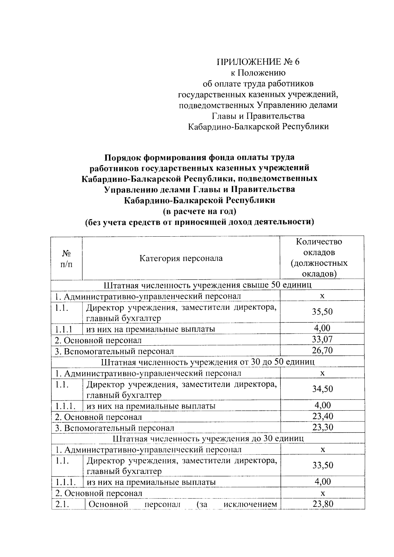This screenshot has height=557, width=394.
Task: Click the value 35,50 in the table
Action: [322, 311]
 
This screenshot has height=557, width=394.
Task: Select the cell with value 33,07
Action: [322, 339]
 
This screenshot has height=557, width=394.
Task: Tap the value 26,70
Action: [322, 350]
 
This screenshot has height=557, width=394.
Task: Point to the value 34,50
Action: [322, 389]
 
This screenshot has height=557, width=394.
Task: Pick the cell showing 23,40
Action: [322, 416]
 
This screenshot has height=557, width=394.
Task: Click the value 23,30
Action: [322, 427]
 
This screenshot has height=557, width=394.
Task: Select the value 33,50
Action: [322, 465]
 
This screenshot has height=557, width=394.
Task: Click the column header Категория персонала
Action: [181, 258]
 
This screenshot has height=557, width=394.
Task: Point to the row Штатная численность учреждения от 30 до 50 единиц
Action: [208, 362]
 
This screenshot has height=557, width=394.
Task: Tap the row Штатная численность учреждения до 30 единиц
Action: [208, 439]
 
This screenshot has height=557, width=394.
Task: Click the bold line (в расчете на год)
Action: [199, 211]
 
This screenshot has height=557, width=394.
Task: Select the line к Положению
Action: [257, 73]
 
